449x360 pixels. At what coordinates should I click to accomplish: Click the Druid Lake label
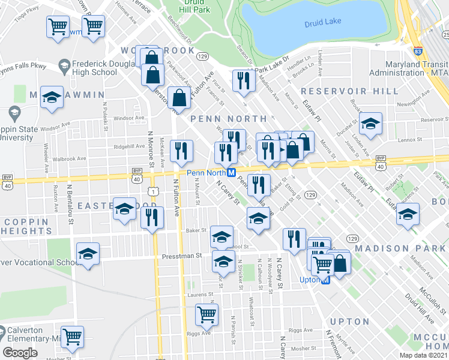[322, 22]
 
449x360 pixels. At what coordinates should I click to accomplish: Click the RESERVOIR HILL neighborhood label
[349, 91]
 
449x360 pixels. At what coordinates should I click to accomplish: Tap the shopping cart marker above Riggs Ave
[206, 313]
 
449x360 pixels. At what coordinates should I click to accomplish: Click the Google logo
[20, 353]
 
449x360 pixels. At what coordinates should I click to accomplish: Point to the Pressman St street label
[182, 256]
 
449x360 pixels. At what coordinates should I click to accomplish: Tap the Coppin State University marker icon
[13, 112]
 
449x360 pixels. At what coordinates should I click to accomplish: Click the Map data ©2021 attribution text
[423, 355]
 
